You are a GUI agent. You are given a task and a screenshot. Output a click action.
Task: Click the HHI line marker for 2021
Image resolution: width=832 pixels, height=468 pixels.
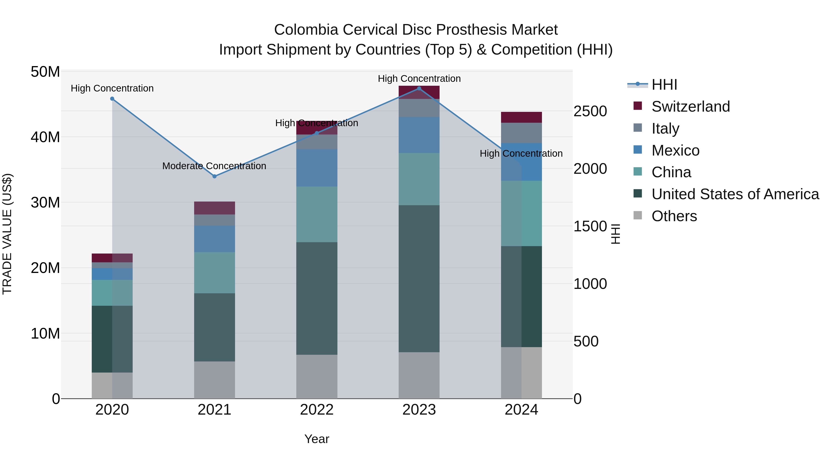coord(214,176)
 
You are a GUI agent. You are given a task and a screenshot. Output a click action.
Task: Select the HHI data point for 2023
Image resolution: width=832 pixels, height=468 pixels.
coord(419,89)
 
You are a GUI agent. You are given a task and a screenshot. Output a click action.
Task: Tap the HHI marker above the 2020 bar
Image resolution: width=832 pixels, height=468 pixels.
coord(112,99)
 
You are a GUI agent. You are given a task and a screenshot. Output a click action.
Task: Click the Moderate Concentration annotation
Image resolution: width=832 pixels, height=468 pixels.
coord(214,166)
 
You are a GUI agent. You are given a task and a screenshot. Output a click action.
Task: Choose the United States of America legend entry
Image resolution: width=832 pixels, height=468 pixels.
coord(735,194)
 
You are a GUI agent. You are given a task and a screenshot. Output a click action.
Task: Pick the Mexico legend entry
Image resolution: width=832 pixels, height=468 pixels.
coord(675,150)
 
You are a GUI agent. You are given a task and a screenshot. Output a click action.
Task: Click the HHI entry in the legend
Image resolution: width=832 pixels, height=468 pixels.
coord(664,85)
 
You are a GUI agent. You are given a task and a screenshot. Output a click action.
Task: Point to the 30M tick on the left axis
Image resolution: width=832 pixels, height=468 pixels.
coord(45,202)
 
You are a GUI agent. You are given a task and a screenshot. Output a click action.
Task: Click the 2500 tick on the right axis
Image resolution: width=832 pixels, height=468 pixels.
coord(590,111)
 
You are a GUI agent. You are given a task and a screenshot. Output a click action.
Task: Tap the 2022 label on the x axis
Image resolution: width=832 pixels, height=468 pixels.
coord(317,410)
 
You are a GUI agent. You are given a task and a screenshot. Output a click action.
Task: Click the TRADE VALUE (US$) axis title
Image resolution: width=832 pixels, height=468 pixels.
coord(7,234)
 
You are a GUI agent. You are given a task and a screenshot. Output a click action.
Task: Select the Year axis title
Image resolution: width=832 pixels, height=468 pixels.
coord(317,439)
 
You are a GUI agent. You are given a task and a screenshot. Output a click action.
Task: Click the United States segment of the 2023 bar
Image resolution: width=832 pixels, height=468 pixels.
coord(419,278)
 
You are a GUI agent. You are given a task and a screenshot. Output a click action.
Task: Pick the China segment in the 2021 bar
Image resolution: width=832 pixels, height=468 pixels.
coord(214,273)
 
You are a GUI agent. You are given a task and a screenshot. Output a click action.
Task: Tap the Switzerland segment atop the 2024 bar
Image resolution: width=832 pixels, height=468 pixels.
coord(521,117)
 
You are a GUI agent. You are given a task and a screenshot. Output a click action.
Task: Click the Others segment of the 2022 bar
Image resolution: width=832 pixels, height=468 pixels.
coord(317,377)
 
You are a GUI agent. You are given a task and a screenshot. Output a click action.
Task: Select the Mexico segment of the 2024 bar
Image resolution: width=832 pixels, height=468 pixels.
coord(521,162)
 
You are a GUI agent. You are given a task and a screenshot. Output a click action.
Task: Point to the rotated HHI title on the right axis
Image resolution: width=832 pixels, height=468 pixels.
coord(616,234)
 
